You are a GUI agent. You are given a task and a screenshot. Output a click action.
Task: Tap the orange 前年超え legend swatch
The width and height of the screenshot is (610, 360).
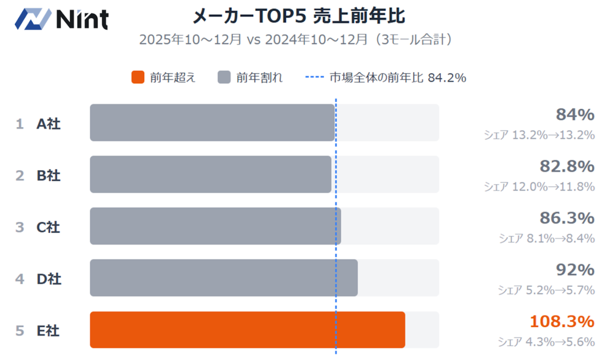pyautogui.click(x=138, y=77)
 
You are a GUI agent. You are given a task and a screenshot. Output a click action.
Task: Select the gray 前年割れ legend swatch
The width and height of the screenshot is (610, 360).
pyautogui.click(x=223, y=77)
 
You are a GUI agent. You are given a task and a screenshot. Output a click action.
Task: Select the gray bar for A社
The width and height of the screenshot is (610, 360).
pyautogui.click(x=212, y=123)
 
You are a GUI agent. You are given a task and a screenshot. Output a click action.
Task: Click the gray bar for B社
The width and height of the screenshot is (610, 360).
pyautogui.click(x=210, y=175)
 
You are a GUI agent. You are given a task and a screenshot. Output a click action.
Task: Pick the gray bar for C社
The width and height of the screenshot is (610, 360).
pyautogui.click(x=215, y=226)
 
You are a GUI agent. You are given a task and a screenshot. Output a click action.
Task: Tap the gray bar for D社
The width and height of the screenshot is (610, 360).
pyautogui.click(x=223, y=278)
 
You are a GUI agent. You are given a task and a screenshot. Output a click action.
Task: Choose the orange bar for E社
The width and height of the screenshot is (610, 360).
pyautogui.click(x=247, y=330)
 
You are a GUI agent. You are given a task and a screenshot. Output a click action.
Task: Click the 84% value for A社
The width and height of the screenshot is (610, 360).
pyautogui.click(x=575, y=114)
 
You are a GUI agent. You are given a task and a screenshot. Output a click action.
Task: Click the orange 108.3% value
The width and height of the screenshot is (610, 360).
pyautogui.click(x=562, y=321)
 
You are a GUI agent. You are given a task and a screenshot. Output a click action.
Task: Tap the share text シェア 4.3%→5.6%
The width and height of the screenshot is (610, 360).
pyautogui.click(x=546, y=342)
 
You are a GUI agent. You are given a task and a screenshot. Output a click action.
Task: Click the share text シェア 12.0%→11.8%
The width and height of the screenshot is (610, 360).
pyautogui.click(x=539, y=187)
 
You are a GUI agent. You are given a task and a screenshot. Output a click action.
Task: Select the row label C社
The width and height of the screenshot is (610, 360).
pyautogui.click(x=48, y=227)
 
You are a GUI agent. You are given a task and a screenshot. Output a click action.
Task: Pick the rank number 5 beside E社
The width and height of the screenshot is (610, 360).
pyautogui.click(x=20, y=330)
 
